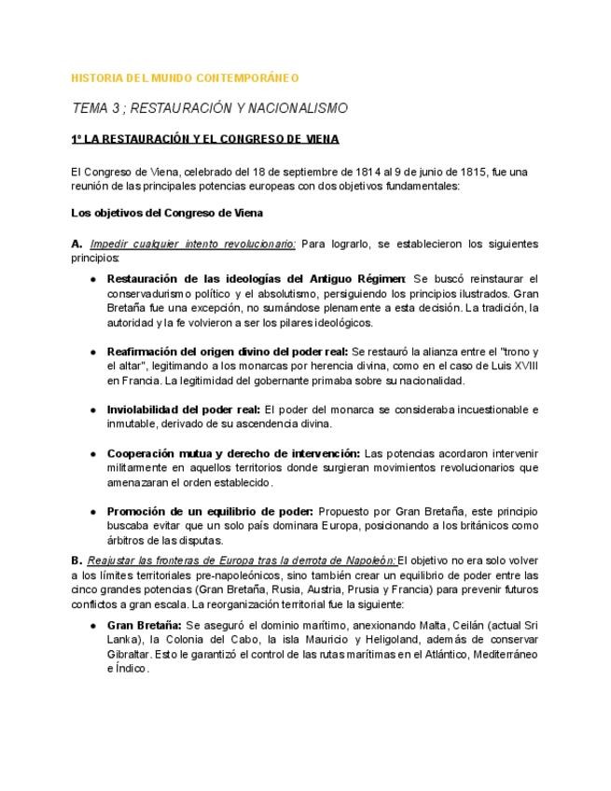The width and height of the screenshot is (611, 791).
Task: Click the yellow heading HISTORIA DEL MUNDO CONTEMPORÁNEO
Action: click(185, 78)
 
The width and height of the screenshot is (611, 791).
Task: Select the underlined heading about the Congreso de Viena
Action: click(205, 140)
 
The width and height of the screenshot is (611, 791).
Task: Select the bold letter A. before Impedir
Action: click(77, 243)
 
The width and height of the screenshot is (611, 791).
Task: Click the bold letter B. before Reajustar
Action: click(77, 561)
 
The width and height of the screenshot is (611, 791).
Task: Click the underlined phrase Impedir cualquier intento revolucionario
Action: click(193, 243)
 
